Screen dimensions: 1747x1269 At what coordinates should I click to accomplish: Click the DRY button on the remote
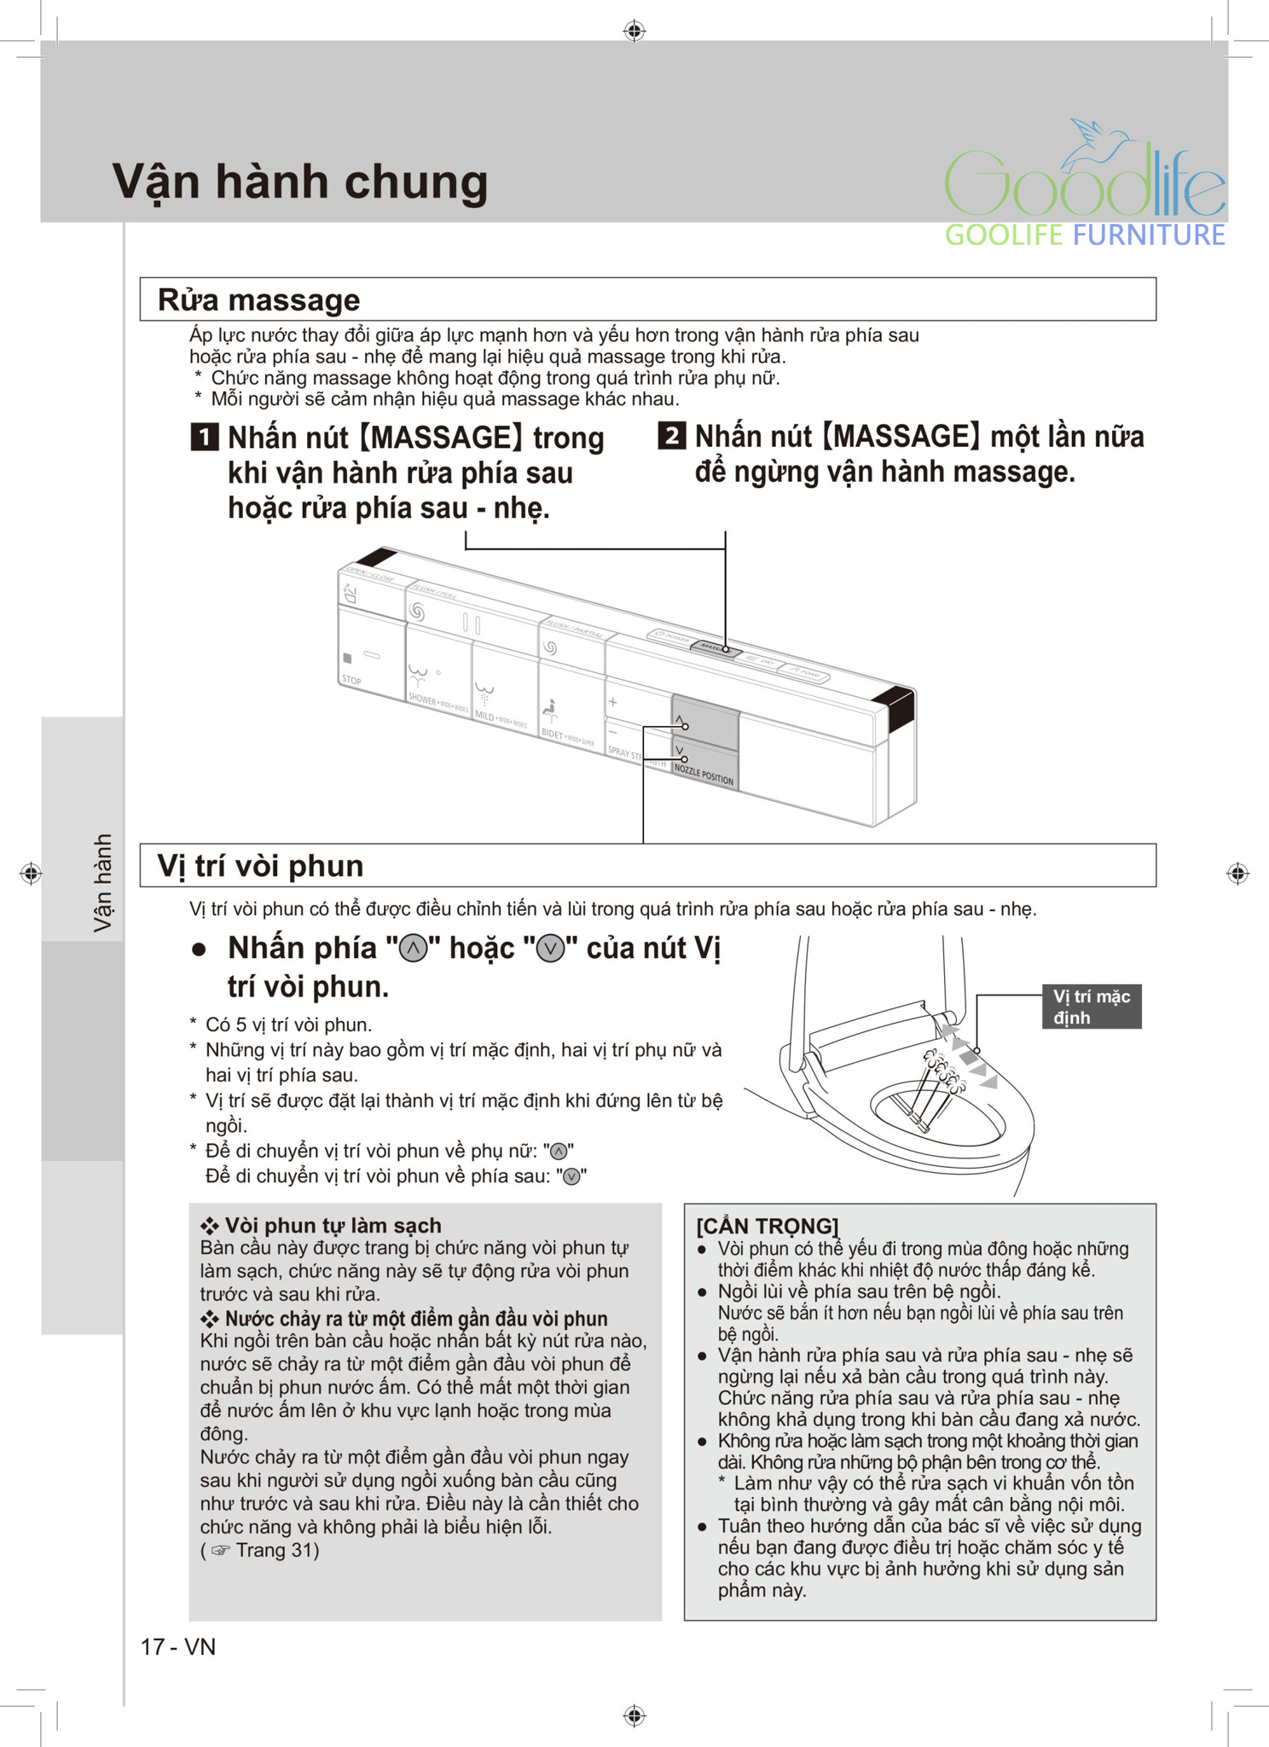click(x=760, y=661)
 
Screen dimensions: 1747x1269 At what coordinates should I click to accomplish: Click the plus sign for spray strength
click(x=612, y=702)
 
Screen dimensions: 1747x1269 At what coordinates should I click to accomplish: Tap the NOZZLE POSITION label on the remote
click(x=704, y=775)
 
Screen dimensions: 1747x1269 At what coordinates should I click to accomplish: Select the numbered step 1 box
click(x=205, y=438)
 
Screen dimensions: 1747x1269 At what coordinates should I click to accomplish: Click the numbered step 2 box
click(x=671, y=436)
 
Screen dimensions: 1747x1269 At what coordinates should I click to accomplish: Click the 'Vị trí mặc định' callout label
click(x=1091, y=1007)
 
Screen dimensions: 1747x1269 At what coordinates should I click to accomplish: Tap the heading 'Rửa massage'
click(x=258, y=300)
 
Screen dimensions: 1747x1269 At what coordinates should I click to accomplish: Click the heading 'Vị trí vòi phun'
click(x=260, y=866)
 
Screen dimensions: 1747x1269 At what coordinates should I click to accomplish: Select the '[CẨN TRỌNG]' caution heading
click(x=767, y=1226)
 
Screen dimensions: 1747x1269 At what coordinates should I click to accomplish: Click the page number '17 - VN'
click(x=178, y=1646)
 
